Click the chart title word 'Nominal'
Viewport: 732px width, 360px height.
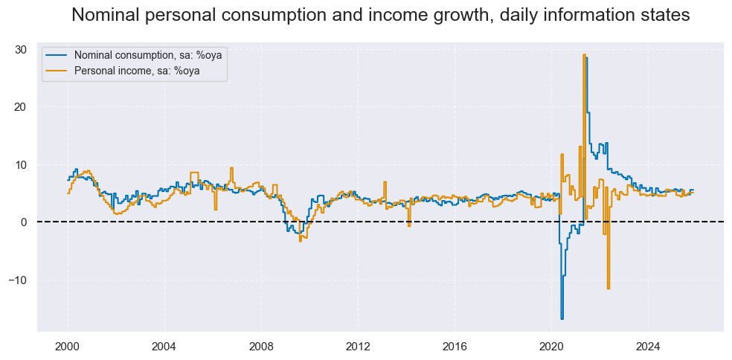tap(112, 14)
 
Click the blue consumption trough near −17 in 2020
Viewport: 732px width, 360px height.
tap(562, 318)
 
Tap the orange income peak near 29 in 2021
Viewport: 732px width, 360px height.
tap(584, 55)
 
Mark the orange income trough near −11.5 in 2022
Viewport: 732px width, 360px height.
tap(608, 288)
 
